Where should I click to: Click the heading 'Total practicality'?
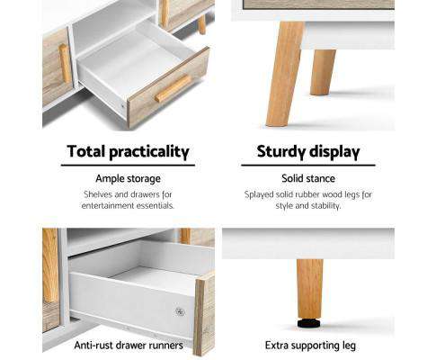click(x=128, y=151)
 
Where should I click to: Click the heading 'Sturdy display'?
click(x=307, y=151)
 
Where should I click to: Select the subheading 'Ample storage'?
click(x=128, y=179)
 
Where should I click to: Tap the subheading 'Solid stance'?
click(x=307, y=179)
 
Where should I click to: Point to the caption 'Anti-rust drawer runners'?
click(x=128, y=345)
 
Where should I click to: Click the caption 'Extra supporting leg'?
click(x=307, y=345)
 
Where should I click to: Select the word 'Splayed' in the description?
click(x=262, y=194)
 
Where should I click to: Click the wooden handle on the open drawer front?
click(x=173, y=88)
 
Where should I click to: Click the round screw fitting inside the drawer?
click(x=180, y=311)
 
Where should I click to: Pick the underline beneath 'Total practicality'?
click(x=128, y=166)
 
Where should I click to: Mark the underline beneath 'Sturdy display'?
click(x=307, y=166)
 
